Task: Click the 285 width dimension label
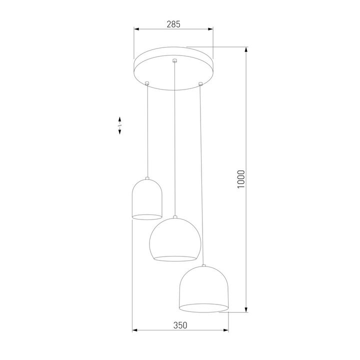[173, 23]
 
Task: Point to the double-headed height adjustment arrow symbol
[120, 125]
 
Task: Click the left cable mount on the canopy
[147, 82]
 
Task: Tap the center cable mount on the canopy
[174, 61]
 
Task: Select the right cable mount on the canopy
[200, 82]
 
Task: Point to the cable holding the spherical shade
[174, 140]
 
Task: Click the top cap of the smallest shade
[147, 178]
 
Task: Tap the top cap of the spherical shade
[175, 217]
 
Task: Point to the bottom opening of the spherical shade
[174, 258]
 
